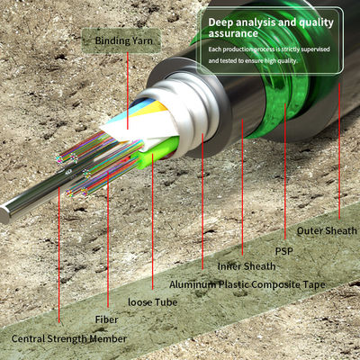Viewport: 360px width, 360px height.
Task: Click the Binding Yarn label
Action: (123, 40)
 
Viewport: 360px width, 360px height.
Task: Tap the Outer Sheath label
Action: (327, 230)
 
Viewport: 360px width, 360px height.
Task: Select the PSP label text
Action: (284, 251)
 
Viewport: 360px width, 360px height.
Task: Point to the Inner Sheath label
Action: (247, 266)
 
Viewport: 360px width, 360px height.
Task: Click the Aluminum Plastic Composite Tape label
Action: (247, 284)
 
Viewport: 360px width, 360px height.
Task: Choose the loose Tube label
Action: (152, 302)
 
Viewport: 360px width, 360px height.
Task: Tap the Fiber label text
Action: (106, 319)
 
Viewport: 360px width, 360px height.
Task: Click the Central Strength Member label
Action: (69, 339)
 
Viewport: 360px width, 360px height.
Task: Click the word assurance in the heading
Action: (233, 33)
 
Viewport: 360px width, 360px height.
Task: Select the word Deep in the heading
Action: (220, 22)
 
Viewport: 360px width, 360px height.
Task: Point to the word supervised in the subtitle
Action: (315, 49)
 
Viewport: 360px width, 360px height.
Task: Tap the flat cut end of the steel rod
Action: (4, 214)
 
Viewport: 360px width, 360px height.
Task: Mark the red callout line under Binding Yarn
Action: (128, 91)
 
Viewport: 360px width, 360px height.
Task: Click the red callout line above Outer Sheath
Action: (339, 151)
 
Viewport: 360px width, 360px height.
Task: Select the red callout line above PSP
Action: (285, 171)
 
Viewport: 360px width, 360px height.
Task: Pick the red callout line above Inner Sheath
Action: (242, 187)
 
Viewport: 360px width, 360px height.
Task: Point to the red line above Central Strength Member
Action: (59, 255)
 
